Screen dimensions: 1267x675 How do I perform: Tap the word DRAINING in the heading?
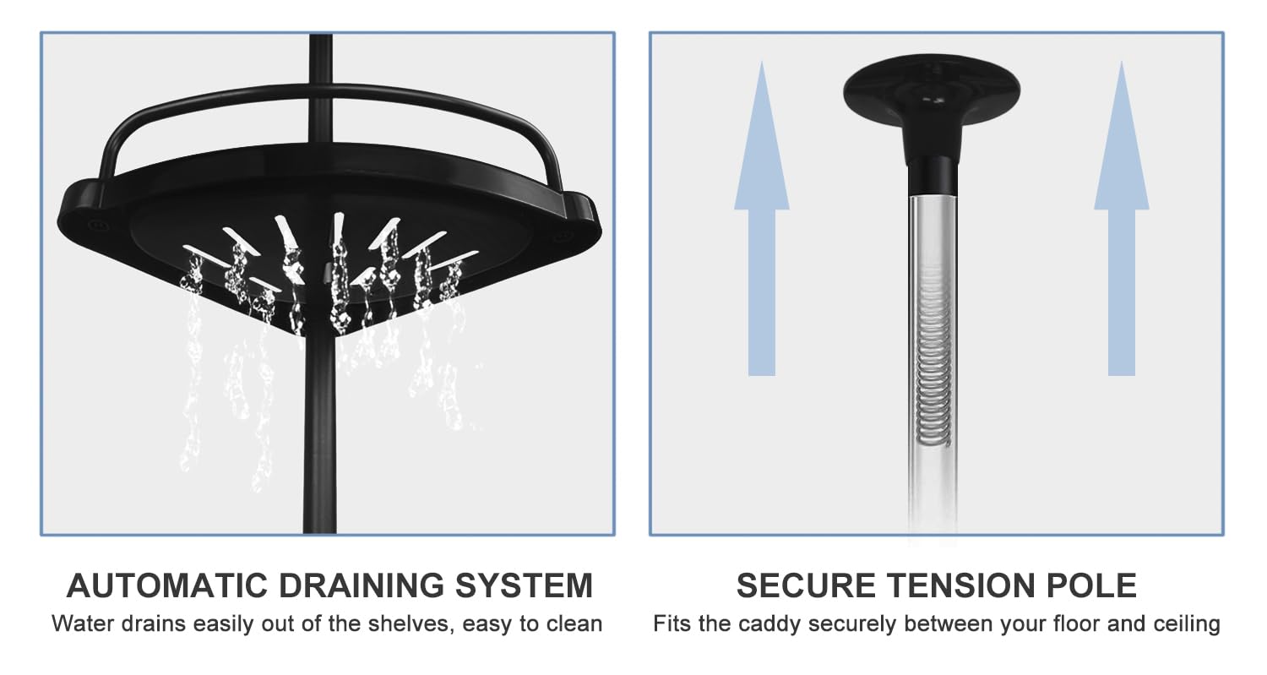coord(362,585)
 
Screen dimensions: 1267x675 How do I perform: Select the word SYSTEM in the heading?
coord(525,585)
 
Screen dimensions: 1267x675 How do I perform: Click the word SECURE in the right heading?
coord(806,585)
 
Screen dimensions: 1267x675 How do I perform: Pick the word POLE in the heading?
coord(1091,585)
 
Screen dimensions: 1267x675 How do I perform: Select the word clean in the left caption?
coord(574,624)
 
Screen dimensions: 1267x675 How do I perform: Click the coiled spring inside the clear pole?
coord(933,357)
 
